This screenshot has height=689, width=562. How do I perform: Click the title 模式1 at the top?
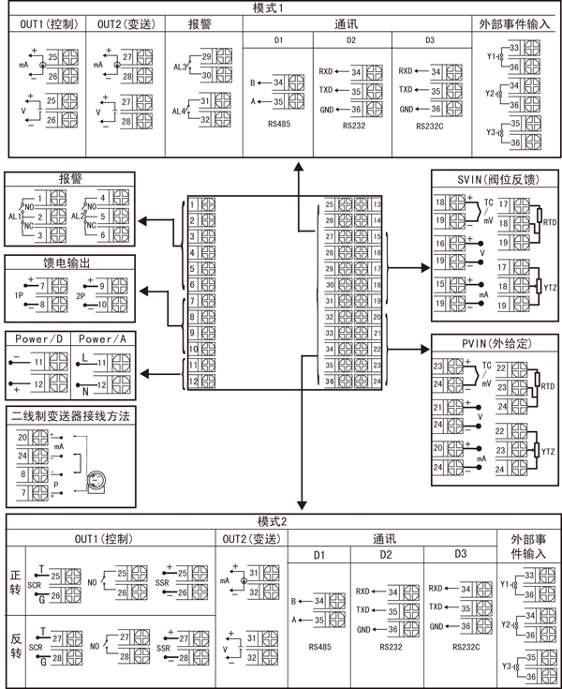(x=281, y=7)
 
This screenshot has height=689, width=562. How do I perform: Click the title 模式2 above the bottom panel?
(x=281, y=521)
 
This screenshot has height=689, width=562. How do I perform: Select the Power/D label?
(x=37, y=338)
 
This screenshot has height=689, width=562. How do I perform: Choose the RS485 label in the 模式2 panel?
(x=320, y=646)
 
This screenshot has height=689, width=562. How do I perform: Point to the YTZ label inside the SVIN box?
(x=549, y=290)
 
